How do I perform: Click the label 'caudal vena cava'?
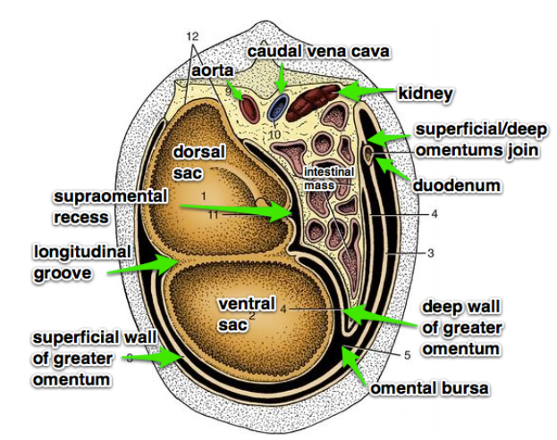coord(318,52)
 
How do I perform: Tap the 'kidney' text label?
coord(426,93)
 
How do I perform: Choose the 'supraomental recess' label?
coord(94,205)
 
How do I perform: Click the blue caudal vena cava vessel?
coord(278,108)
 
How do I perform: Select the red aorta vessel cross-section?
coord(247,107)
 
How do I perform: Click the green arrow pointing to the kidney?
coord(362,91)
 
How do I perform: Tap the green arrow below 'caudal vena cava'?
coord(282,80)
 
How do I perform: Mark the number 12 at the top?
coord(191,36)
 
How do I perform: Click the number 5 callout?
coord(407,354)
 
